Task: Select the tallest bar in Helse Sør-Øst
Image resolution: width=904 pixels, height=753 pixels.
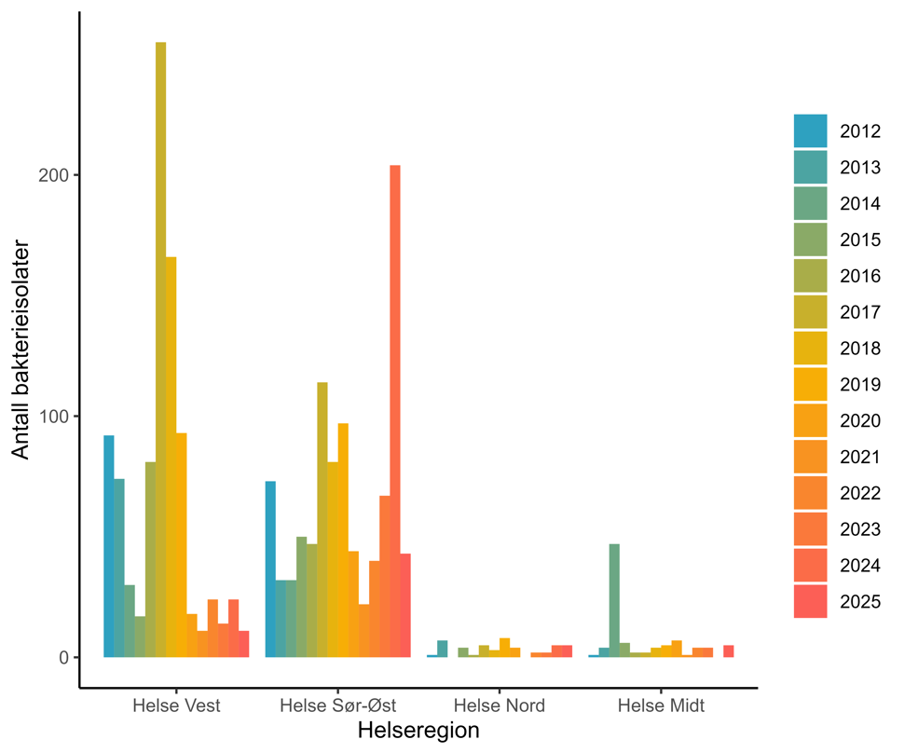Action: [x=395, y=411]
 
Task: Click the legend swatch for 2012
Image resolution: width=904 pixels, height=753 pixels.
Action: [x=810, y=130]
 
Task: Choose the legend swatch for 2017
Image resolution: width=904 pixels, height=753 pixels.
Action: [x=810, y=311]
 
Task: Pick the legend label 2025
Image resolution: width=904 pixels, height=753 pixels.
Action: [x=859, y=601]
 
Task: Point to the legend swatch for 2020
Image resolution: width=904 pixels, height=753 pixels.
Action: [x=810, y=420]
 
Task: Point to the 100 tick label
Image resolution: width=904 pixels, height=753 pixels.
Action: [x=55, y=417]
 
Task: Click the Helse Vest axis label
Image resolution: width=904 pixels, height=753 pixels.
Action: [x=177, y=705]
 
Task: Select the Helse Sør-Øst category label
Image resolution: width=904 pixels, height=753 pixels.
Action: [x=338, y=705]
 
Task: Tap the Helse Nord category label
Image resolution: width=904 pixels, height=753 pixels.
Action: [x=500, y=705]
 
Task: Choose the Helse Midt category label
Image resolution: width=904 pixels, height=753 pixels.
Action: [x=662, y=705]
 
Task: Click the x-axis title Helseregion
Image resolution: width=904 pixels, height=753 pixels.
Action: [x=418, y=732]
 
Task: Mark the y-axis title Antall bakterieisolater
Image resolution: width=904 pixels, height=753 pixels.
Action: [x=21, y=350]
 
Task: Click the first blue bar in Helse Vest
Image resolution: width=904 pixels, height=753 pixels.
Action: [x=108, y=546]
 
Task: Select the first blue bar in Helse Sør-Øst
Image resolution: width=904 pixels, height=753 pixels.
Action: [x=270, y=568]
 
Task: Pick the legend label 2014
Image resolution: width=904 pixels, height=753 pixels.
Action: [x=859, y=203]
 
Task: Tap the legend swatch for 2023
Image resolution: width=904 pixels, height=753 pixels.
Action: [x=810, y=528]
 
